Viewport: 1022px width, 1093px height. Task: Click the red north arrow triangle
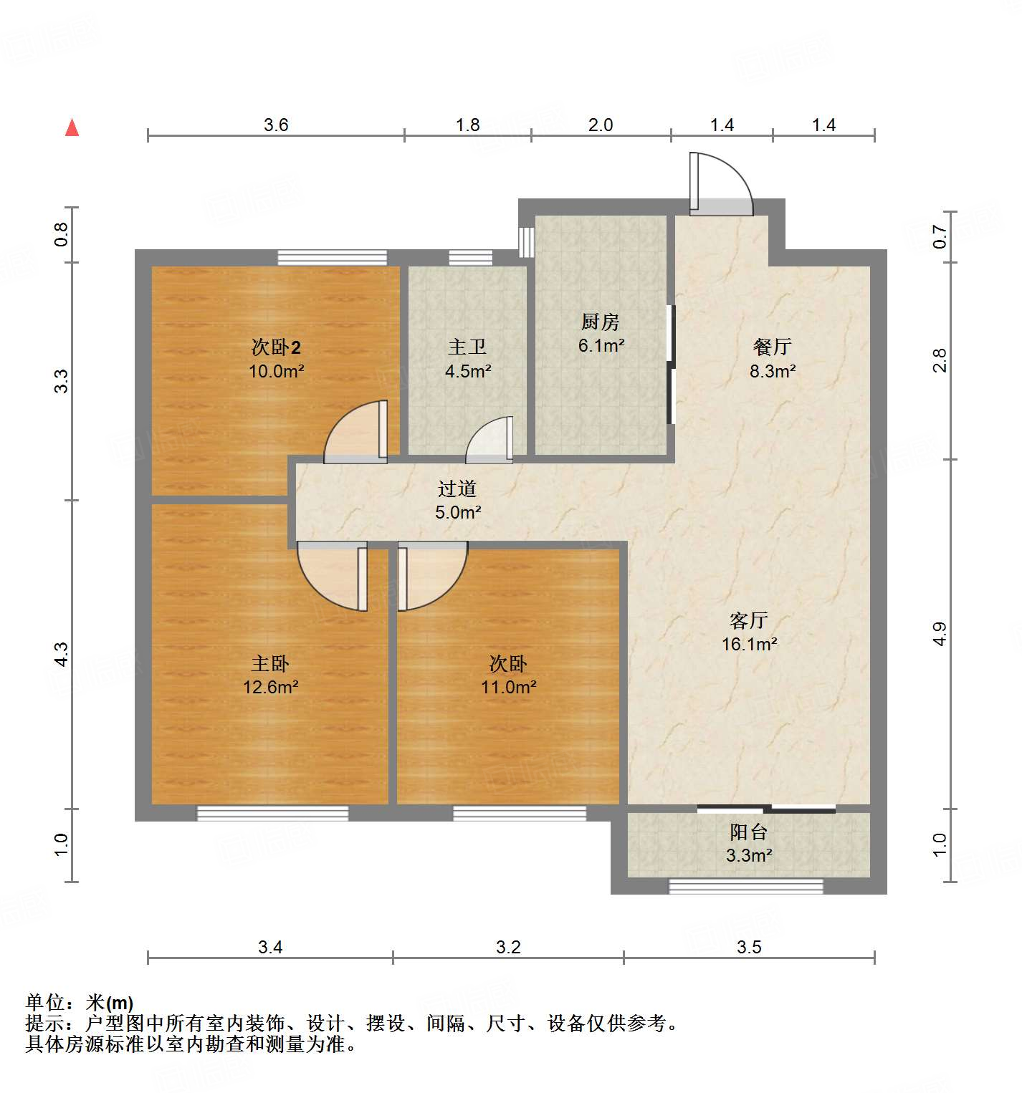point(72,127)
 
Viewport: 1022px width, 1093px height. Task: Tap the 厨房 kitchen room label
point(600,322)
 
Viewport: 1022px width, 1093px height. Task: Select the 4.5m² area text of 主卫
point(467,371)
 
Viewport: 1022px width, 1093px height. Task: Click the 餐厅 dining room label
point(772,347)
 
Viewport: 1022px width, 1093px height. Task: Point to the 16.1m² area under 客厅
point(749,644)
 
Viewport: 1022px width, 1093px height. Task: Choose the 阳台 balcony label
point(748,832)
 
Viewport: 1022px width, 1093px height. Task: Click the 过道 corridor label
point(457,489)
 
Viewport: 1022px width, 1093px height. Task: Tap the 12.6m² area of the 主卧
point(270,687)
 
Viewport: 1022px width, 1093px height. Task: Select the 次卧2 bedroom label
point(276,347)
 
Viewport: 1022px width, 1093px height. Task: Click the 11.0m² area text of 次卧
point(508,687)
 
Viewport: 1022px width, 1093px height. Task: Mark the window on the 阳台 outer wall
point(745,886)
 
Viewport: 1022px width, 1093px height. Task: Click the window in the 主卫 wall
point(470,258)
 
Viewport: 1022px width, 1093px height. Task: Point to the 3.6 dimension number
point(275,125)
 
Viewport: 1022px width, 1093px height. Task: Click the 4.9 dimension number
point(940,634)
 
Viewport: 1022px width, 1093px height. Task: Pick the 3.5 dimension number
point(748,947)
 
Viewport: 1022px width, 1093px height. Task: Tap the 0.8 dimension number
point(62,234)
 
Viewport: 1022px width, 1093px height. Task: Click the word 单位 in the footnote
point(44,1003)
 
